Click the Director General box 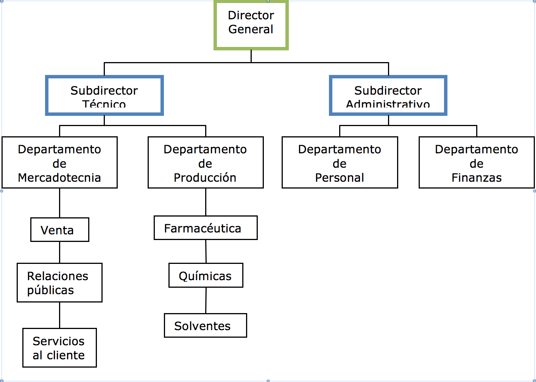pos(251,25)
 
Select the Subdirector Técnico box pos(104,95)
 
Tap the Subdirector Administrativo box pos(388,95)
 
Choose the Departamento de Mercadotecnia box pos(59,162)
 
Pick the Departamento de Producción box pos(206,162)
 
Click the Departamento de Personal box pos(340,162)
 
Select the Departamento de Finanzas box pos(477,162)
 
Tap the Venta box pos(59,229)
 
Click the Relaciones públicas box pos(59,282)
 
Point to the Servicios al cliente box pos(59,348)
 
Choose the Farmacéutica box pos(206,228)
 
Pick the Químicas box pos(206,275)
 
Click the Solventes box pos(205,325)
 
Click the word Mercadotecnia pos(59,178)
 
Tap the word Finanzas pos(477,178)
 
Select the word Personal pos(340,178)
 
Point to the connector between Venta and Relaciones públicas pos(59,252)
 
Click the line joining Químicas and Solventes pos(206,300)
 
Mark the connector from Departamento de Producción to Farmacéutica pos(206,202)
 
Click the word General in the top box pos(251,30)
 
